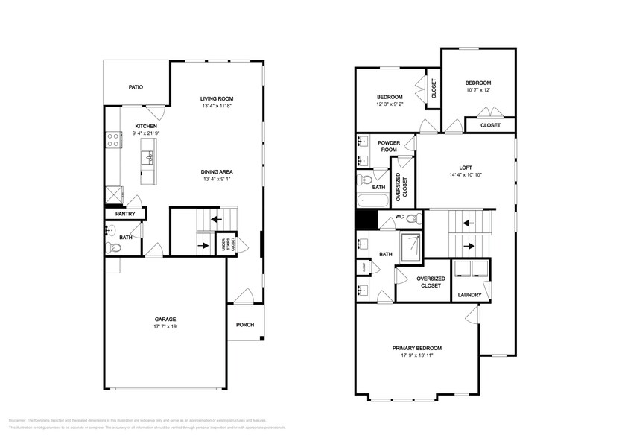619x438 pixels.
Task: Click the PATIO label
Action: pos(136,87)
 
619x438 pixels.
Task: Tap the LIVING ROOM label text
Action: pos(217,98)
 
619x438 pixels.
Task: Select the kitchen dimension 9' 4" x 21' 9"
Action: pos(145,133)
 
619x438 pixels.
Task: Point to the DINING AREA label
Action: pos(217,171)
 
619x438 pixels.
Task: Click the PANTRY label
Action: pos(124,215)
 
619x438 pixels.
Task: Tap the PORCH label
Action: pos(245,324)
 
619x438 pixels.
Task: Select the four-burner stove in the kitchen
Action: pos(113,138)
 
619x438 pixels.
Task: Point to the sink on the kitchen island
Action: pos(150,156)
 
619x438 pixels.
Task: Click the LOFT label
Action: pos(466,168)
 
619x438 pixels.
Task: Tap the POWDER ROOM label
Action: pos(389,146)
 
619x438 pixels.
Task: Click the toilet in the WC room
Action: pos(414,219)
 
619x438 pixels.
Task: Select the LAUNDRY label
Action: pos(469,295)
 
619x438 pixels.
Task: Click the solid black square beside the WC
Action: pos(364,220)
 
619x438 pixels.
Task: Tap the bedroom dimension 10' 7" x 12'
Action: pos(479,91)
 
